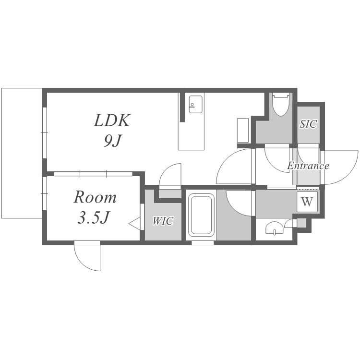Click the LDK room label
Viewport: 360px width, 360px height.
[x=112, y=120]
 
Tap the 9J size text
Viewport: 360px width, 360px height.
[x=112, y=141]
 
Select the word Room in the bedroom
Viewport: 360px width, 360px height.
[x=95, y=197]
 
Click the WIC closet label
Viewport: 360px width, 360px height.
[x=163, y=221]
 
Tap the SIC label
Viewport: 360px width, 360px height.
[x=308, y=124]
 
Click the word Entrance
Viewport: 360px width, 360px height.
[x=308, y=166]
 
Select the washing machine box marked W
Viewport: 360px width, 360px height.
[x=307, y=202]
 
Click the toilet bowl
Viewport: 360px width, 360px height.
[x=280, y=105]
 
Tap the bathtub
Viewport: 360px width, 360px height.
[x=201, y=216]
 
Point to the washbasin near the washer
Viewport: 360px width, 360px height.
[x=274, y=228]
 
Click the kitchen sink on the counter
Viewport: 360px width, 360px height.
[x=196, y=104]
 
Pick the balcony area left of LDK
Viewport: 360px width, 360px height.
[x=22, y=153]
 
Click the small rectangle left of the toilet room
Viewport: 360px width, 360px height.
[x=243, y=131]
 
